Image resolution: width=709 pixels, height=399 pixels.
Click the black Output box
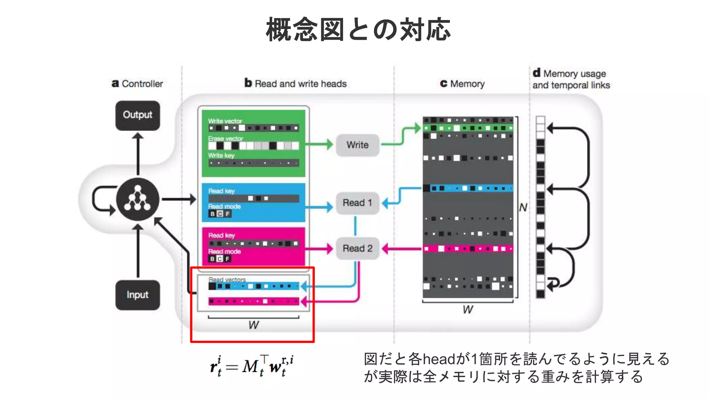click(137, 115)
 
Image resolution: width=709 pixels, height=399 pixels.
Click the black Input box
click(137, 295)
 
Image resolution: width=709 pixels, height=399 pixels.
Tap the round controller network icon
click(137, 199)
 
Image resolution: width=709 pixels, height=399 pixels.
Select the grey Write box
click(357, 145)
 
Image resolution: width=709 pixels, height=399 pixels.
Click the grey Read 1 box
click(357, 203)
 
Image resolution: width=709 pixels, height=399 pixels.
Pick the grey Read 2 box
click(357, 248)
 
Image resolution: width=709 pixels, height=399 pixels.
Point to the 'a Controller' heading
click(137, 84)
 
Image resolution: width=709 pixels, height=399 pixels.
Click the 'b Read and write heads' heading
click(295, 83)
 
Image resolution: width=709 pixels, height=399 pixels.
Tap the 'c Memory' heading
click(462, 84)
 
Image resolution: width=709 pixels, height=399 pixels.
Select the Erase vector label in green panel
click(225, 139)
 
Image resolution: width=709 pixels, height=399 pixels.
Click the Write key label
click(221, 156)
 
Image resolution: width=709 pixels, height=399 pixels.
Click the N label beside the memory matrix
click(523, 207)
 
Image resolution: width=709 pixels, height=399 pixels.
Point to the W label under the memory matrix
click(468, 309)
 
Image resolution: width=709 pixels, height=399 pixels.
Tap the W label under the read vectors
click(253, 325)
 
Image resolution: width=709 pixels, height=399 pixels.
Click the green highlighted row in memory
click(468, 128)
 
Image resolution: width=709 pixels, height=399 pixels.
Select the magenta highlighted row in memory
click(468, 249)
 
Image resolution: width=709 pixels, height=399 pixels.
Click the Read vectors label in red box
click(227, 279)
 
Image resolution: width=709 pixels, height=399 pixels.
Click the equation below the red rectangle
click(252, 366)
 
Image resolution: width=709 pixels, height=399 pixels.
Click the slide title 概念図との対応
click(358, 30)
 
